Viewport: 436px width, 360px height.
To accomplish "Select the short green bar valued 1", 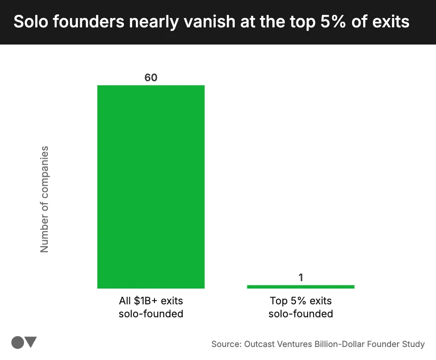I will (301, 287).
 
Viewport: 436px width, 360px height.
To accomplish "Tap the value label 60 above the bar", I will (151, 77).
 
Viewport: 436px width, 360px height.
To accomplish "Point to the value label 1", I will (301, 277).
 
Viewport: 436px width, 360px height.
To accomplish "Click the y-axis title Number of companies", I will (45, 199).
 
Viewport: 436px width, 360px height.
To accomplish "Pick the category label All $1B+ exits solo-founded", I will (151, 307).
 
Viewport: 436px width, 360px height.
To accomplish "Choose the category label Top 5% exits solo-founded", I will (301, 307).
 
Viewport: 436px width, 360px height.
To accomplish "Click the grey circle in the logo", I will (17, 342).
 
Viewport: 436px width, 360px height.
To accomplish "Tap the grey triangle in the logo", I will (31, 342).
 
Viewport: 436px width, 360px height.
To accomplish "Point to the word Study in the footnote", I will (413, 344).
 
